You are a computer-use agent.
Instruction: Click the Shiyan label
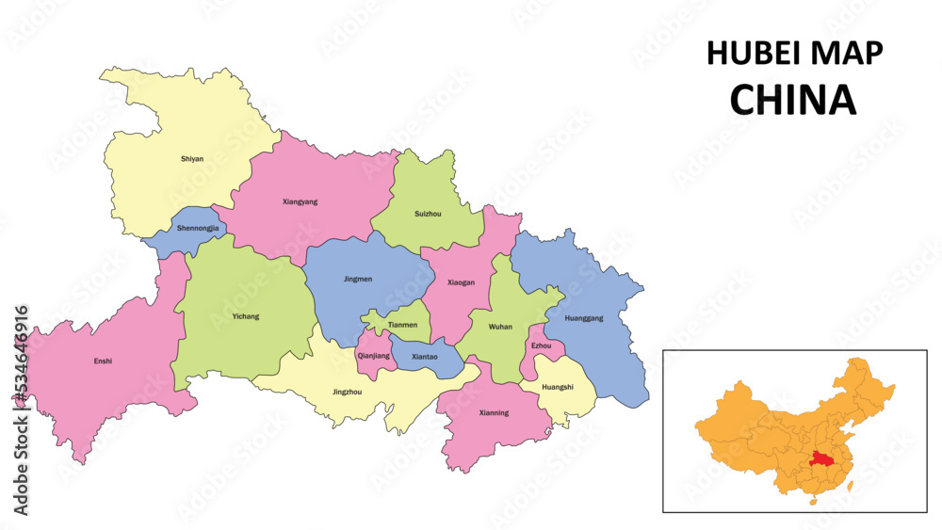[x=192, y=159]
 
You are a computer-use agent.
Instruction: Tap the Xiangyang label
[x=300, y=201]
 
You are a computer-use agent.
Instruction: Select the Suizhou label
[x=428, y=214]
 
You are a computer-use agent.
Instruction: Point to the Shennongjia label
[x=198, y=228]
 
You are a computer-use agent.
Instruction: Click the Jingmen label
[x=358, y=279]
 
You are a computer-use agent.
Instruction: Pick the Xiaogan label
[x=461, y=281]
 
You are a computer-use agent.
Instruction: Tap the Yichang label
[x=245, y=316]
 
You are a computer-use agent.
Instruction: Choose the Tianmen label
[x=402, y=325]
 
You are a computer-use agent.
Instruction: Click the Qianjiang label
[x=373, y=356]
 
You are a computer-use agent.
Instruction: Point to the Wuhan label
[x=500, y=327]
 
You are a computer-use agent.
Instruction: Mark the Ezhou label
[x=541, y=346]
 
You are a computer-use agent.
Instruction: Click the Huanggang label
[x=584, y=317]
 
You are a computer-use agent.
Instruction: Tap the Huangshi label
[x=558, y=386]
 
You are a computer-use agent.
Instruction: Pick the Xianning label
[x=494, y=412]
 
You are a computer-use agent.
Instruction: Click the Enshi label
[x=104, y=361]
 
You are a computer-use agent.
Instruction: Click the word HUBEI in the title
[x=752, y=54]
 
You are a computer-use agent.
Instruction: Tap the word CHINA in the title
[x=793, y=99]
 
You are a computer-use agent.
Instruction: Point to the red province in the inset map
[x=820, y=458]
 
